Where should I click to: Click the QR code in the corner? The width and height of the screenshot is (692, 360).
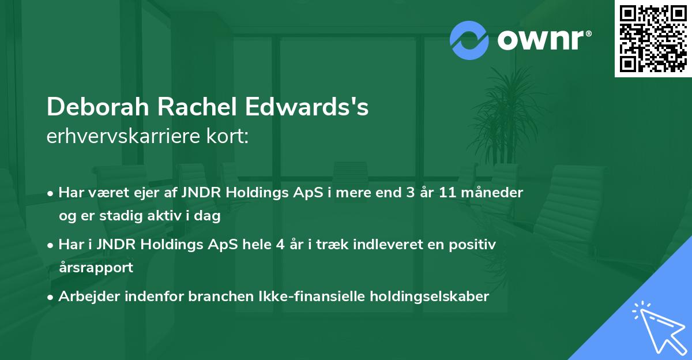(x=653, y=39)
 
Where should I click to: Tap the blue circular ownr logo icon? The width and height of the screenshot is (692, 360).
(x=469, y=40)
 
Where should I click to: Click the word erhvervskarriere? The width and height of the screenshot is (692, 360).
(x=121, y=137)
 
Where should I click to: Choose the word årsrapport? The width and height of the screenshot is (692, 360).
(x=96, y=268)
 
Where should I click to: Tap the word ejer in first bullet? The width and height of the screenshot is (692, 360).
(x=131, y=193)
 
